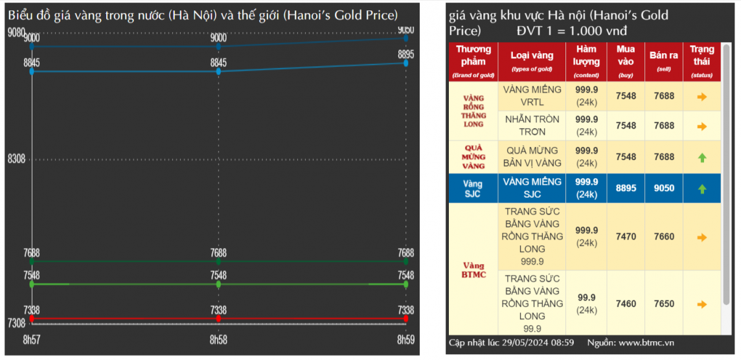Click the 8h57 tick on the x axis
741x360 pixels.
click(x=30, y=339)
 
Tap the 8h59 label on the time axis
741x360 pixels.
click(x=405, y=339)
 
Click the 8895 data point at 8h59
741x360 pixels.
click(x=406, y=63)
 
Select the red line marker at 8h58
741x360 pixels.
click(x=218, y=319)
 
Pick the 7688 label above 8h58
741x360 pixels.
click(x=218, y=253)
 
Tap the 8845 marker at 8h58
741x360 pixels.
click(x=218, y=71)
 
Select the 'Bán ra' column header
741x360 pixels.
click(x=663, y=61)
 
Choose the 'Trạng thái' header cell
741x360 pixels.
click(x=701, y=61)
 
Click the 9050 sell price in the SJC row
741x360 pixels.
click(x=663, y=188)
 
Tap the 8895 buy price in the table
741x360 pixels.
click(x=626, y=188)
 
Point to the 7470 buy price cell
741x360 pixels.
click(x=626, y=237)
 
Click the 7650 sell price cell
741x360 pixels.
click(x=663, y=304)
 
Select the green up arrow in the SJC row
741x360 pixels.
click(x=701, y=189)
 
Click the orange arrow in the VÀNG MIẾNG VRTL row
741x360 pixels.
click(x=701, y=96)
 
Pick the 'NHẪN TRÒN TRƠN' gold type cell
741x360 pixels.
click(x=531, y=126)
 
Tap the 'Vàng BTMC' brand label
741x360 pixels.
click(x=473, y=270)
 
